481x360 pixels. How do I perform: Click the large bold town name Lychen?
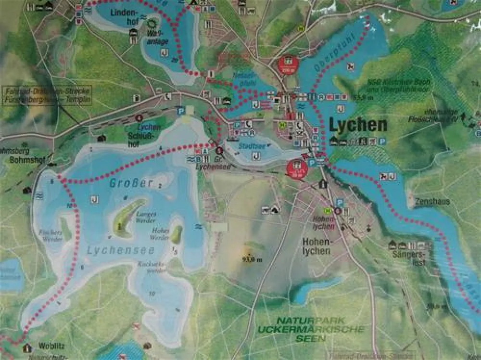(x=358, y=125)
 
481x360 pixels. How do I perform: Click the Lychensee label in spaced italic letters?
(x=121, y=250)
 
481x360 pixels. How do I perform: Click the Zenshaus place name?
(x=433, y=202)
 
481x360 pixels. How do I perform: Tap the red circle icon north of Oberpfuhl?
(x=288, y=63)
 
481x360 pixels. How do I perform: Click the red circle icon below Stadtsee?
(x=297, y=168)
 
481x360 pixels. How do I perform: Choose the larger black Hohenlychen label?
(x=316, y=246)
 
